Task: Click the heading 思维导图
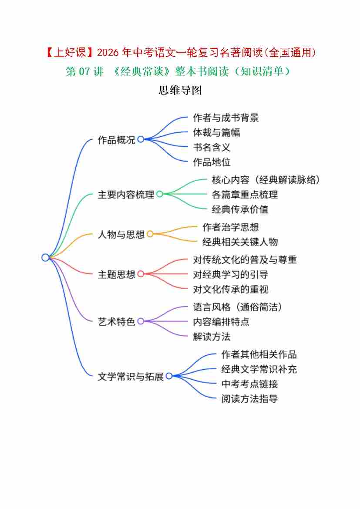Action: [x=180, y=90]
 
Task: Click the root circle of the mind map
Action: [x=45, y=257]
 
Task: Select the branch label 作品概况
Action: [x=117, y=140]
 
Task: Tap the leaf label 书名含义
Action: [x=212, y=147]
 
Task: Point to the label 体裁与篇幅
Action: [x=216, y=132]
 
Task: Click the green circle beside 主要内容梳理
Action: [x=159, y=194]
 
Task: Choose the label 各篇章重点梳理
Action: [x=245, y=195]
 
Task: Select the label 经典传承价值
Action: [x=240, y=209]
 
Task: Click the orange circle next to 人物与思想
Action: [x=150, y=234]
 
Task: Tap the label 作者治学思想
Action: [x=230, y=227]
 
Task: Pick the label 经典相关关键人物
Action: [x=240, y=242]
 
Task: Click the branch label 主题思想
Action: [x=117, y=274]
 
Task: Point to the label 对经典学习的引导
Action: [x=230, y=274]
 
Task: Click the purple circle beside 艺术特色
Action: [x=141, y=321]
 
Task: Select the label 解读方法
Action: [x=212, y=336]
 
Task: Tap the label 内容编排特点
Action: [x=221, y=322]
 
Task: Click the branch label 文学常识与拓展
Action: [x=131, y=376]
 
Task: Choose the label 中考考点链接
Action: [x=249, y=384]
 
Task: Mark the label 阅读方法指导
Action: [x=249, y=398]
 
